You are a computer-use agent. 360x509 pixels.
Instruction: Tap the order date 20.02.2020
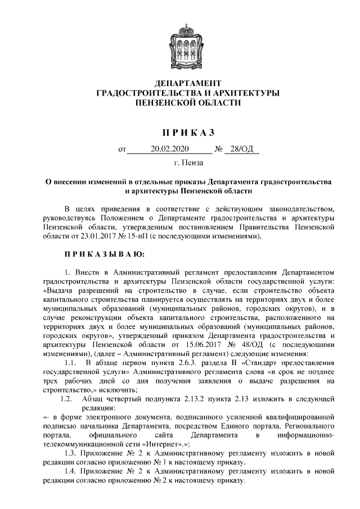pyautogui.click(x=171, y=150)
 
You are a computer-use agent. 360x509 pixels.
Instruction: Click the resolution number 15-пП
pyautogui.click(x=131, y=236)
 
